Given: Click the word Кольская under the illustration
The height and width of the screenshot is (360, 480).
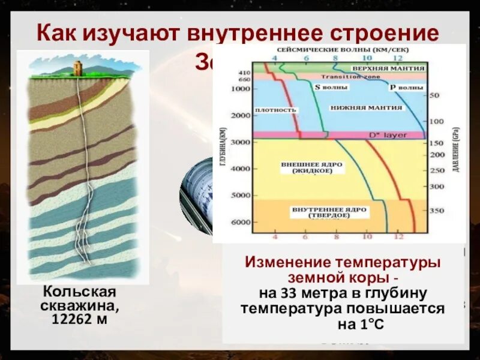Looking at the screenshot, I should (x=79, y=292).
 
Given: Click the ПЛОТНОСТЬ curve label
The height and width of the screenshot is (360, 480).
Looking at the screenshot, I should (x=275, y=110).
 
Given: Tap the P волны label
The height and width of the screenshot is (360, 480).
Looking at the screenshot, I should (x=406, y=88).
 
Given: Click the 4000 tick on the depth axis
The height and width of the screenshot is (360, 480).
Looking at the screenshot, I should (x=240, y=169).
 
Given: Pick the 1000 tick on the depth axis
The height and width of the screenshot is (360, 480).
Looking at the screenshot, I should (x=240, y=89).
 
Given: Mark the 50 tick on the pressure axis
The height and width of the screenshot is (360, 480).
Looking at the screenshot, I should (x=435, y=95).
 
